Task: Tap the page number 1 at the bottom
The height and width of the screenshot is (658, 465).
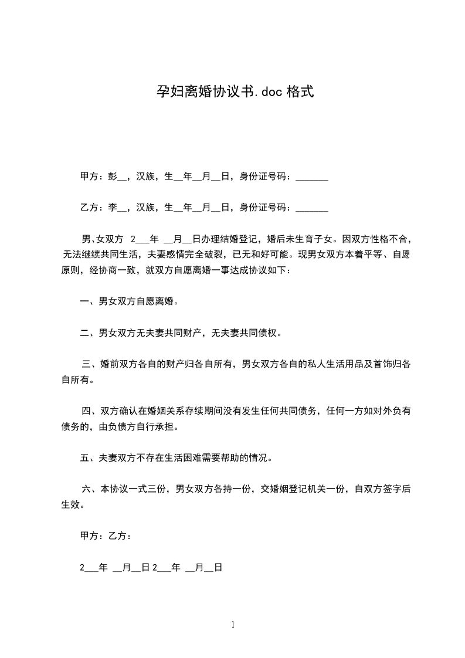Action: [x=233, y=625]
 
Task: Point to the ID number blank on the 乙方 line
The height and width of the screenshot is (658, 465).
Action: [x=312, y=208]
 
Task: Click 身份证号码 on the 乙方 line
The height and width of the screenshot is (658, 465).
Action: [x=264, y=207]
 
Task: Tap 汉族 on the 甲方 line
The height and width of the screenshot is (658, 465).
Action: [x=145, y=177]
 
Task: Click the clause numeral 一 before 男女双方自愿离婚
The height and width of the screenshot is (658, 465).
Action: [x=84, y=301]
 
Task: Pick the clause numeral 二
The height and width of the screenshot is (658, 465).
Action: [x=84, y=333]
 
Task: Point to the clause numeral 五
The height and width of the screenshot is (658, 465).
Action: [x=84, y=458]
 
